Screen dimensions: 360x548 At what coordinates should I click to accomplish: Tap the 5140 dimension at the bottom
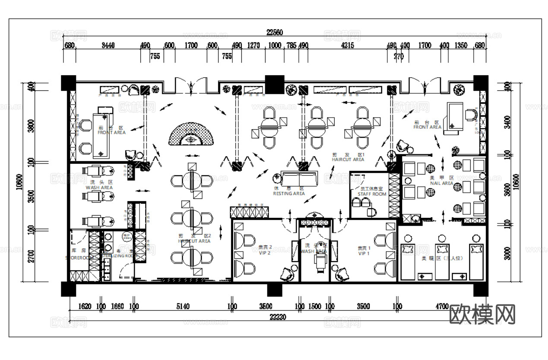[x=183, y=307]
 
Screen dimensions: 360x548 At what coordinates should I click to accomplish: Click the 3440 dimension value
[x=108, y=45]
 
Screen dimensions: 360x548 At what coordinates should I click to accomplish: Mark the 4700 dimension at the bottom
[x=442, y=307]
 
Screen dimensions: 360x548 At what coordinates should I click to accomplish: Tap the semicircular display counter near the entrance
[x=191, y=134]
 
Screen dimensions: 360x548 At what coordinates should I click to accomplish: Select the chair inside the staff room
[x=371, y=211]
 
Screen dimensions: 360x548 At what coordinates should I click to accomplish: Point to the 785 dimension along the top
[x=291, y=45]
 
